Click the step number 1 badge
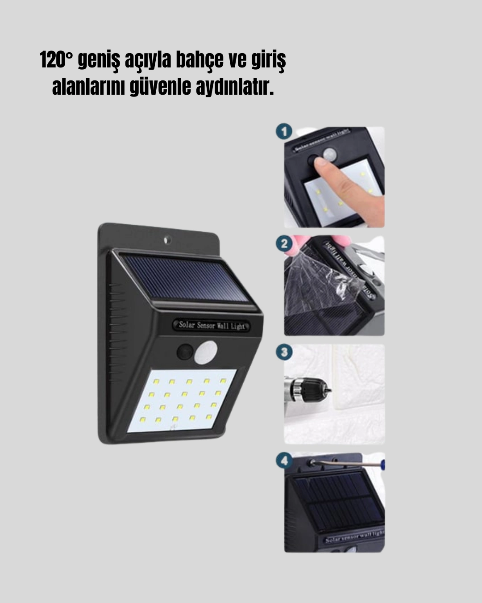[284, 131]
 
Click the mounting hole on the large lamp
[167, 240]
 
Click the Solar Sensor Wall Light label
[212, 325]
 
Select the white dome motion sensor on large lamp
[206, 352]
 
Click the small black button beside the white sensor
[184, 352]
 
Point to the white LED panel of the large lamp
[182, 400]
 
